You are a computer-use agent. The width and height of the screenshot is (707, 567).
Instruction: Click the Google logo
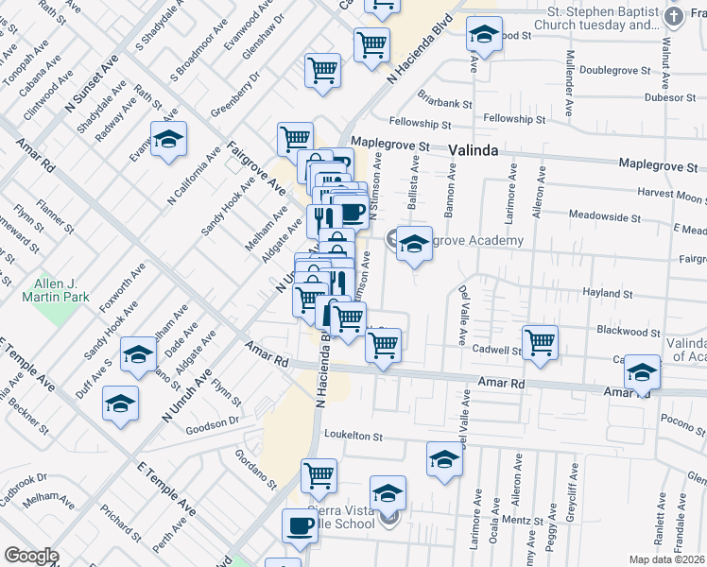coord(31,556)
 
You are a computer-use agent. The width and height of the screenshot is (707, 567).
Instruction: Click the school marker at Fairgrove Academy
coord(414,245)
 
